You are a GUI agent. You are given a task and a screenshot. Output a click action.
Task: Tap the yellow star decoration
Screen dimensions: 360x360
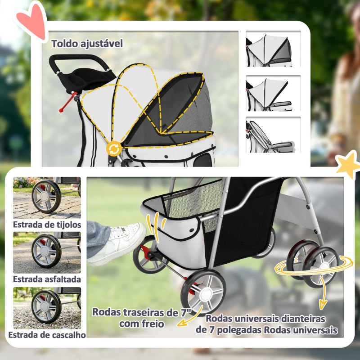(x=348, y=165)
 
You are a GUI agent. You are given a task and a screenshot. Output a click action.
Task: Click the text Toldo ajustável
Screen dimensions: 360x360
(x=87, y=44)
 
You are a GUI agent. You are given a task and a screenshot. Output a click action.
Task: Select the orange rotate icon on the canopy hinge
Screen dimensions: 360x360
(x=114, y=148)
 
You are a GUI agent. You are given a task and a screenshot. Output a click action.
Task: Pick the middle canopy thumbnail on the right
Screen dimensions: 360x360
(x=273, y=93)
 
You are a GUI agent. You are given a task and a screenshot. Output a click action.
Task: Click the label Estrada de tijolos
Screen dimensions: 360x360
(x=47, y=224)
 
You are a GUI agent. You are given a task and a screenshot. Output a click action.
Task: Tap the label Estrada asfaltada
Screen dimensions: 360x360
(x=47, y=279)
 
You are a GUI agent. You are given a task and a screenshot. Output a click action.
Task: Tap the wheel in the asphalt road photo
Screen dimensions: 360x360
(x=46, y=251)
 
